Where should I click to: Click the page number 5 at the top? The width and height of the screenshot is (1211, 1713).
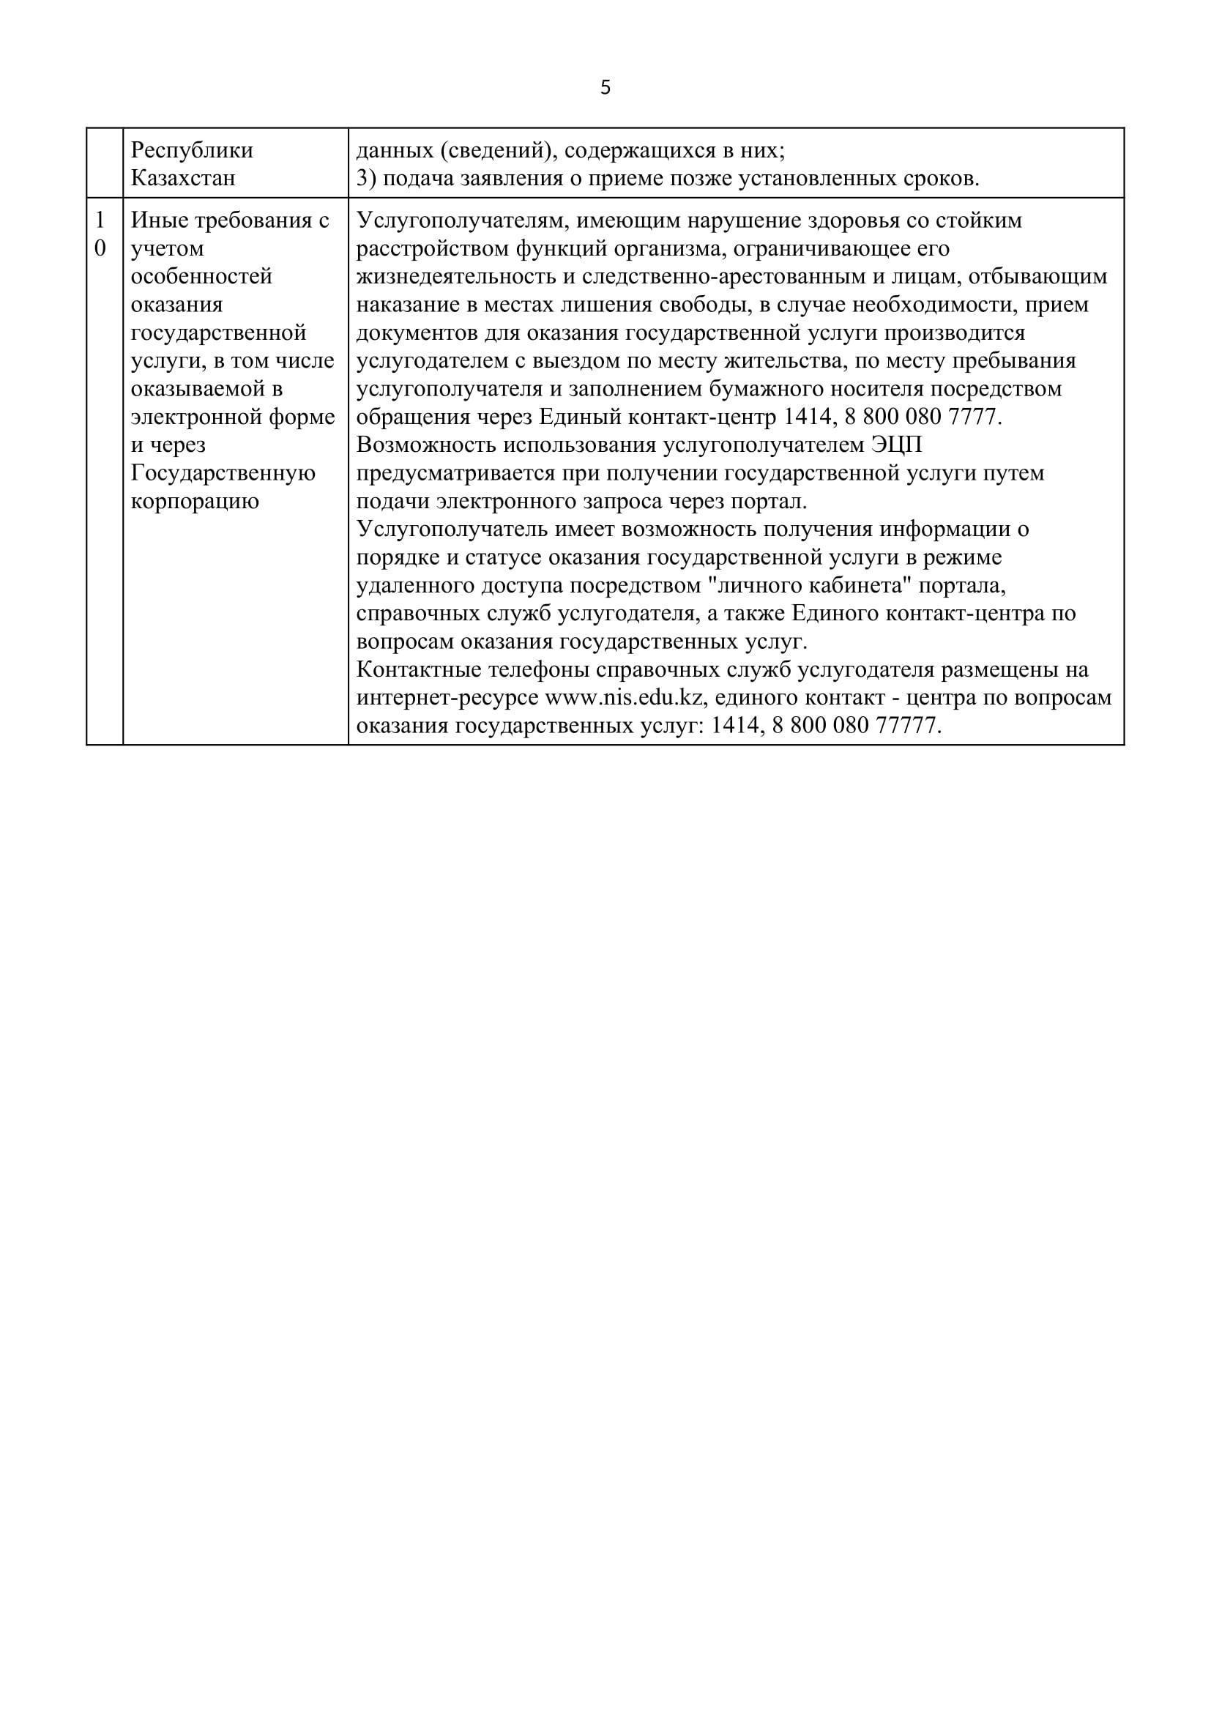[x=605, y=88]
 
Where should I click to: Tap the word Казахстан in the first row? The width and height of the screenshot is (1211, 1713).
[x=183, y=178]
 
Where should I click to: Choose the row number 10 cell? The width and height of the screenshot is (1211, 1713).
[x=100, y=234]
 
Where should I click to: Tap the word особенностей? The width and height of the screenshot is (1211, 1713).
[x=201, y=277]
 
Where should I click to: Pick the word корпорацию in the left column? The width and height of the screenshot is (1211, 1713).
[x=195, y=501]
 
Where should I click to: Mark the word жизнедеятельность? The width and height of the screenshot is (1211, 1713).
[x=458, y=277]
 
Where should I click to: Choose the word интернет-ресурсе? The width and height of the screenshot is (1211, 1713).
[x=447, y=698]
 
